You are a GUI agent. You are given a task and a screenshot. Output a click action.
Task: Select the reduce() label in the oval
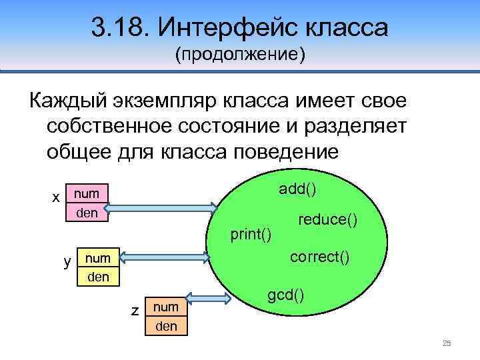[327, 219]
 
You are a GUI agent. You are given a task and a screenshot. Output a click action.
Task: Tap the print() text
[250, 234]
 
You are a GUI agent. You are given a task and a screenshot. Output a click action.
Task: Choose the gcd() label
[286, 293]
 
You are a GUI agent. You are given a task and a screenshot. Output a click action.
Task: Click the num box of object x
[87, 194]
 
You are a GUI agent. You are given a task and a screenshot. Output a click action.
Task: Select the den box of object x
[87, 213]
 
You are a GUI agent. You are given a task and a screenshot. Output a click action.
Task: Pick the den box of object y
[99, 276]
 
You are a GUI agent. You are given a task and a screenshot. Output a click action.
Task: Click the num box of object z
[166, 307]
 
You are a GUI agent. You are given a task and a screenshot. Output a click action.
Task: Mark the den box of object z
[166, 326]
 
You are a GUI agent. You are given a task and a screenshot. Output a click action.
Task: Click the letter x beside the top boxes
[57, 197]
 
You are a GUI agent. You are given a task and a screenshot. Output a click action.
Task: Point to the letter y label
[67, 261]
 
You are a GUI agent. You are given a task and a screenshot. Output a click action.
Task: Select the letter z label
[135, 311]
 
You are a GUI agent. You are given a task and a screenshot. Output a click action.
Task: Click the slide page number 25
[447, 343]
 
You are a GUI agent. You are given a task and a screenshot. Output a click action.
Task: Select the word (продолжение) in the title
[240, 55]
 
